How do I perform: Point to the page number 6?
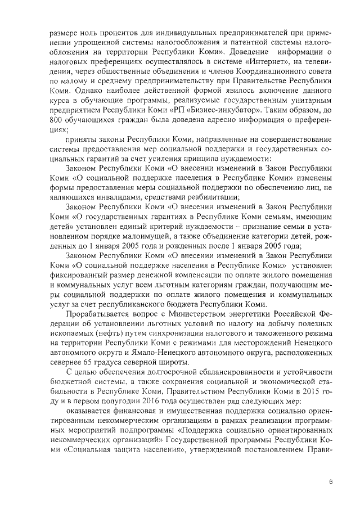331,481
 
